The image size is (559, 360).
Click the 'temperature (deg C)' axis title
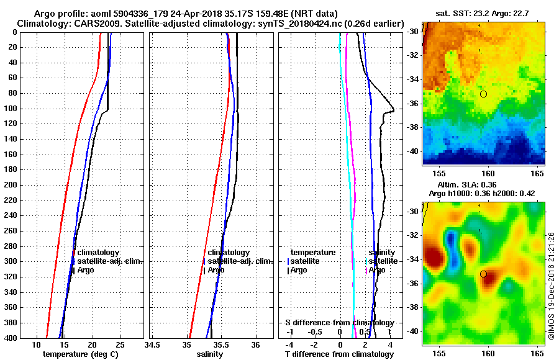tap(80, 354)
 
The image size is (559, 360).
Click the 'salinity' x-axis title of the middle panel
tap(209, 354)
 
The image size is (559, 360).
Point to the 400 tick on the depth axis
tap(11, 338)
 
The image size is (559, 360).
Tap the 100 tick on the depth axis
tap(11, 109)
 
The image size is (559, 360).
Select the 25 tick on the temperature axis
tap(120, 344)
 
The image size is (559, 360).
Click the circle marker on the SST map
tap(483, 94)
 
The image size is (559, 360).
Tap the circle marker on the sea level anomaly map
tap(483, 274)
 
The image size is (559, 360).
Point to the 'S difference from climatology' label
tap(339, 323)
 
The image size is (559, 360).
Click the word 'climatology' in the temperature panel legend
tap(98, 253)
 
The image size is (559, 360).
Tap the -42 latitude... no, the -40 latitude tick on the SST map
tap(414, 151)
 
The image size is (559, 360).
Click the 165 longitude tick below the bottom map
tap(537, 352)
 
